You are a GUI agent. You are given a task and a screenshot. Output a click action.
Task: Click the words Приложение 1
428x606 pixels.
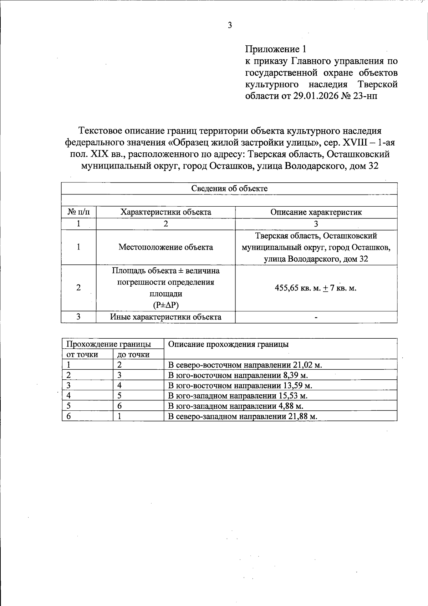(x=275, y=49)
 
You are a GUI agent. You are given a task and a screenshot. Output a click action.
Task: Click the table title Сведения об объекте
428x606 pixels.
(x=229, y=188)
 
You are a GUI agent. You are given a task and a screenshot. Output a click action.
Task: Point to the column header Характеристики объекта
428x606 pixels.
(x=165, y=212)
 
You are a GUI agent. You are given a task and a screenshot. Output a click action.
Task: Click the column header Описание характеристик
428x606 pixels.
(x=316, y=212)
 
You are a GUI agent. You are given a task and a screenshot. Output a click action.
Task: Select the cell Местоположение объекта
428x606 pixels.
(x=165, y=247)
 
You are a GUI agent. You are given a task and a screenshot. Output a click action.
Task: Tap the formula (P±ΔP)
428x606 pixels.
(x=165, y=305)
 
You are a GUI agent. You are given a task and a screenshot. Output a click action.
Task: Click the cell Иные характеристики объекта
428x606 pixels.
(x=165, y=317)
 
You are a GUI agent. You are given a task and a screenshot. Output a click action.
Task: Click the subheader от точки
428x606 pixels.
(x=82, y=354)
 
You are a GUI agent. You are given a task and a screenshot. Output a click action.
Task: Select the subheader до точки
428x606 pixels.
(x=133, y=354)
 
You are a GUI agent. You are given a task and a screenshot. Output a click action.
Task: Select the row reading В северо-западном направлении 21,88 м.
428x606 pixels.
(x=243, y=416)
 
